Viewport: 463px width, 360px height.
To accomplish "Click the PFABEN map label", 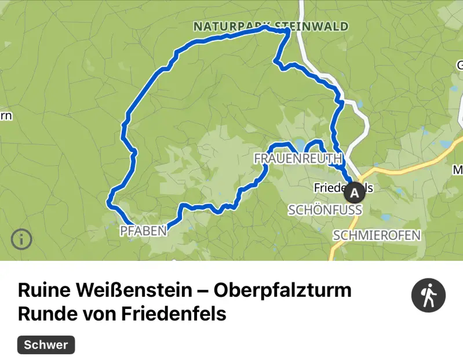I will [143, 231].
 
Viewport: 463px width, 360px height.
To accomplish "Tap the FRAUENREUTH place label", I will [298, 158].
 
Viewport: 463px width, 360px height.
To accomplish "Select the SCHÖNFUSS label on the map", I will [325, 210].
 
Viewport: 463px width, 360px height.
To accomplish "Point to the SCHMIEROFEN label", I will [377, 235].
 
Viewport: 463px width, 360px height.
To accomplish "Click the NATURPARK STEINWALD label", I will [271, 27].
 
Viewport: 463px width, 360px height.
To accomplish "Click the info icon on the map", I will [21, 238].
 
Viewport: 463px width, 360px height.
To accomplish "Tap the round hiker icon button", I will [428, 296].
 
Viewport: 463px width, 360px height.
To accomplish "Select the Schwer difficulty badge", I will [46, 345].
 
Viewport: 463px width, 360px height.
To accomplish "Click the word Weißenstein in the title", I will [130, 290].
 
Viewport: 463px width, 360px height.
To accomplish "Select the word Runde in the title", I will [44, 314].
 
